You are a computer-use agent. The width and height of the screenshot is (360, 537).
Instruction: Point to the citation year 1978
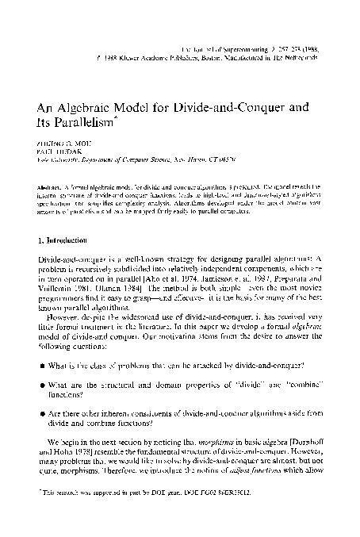click(x=88, y=461)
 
